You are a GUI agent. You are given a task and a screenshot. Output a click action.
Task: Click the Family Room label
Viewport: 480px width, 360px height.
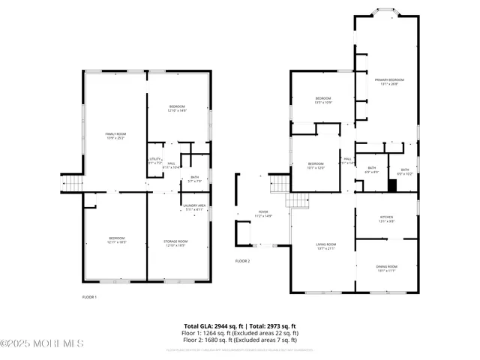pos(115,136)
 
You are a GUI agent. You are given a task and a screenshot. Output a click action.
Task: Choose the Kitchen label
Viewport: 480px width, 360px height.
pos(386,219)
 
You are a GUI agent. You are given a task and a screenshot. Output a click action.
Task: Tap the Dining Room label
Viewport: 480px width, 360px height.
pos(386,268)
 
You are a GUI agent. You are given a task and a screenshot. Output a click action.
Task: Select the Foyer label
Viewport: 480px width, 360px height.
pos(263,214)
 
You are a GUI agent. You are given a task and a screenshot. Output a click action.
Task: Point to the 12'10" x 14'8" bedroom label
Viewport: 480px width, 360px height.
pos(177,109)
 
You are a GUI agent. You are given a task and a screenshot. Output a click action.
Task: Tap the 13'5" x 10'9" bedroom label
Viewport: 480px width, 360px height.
pos(323,100)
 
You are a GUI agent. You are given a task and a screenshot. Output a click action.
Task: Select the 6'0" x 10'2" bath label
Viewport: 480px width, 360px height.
pos(405,172)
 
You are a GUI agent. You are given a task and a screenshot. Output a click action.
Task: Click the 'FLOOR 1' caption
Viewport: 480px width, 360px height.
pos(89,297)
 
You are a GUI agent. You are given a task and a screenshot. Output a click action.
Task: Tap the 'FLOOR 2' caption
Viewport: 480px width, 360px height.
pos(242,261)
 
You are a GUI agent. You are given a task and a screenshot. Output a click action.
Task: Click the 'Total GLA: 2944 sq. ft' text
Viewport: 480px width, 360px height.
pos(214,326)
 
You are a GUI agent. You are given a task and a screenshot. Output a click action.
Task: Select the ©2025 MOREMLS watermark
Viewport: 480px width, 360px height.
pos(42,344)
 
